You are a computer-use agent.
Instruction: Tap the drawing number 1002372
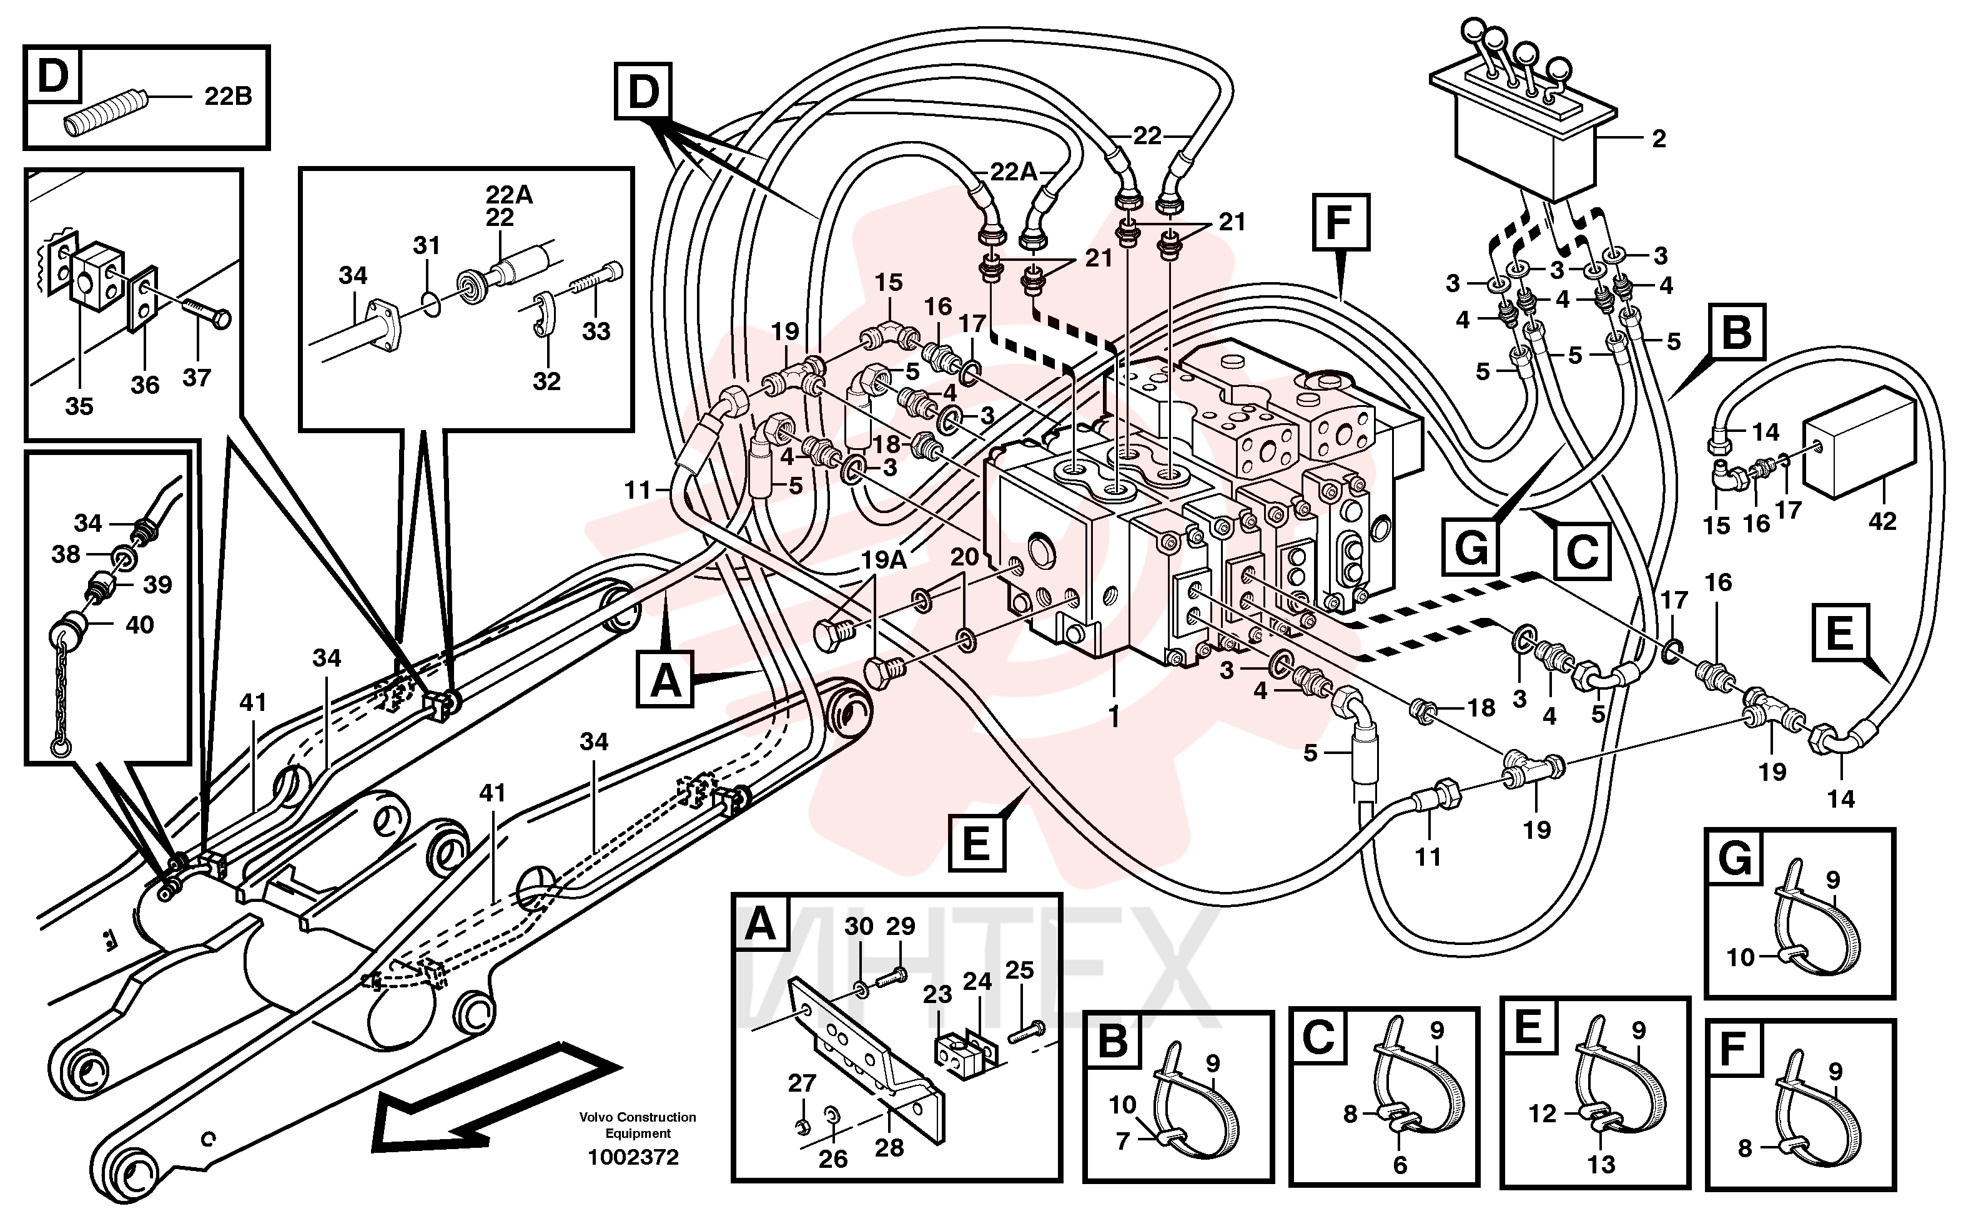click(634, 1157)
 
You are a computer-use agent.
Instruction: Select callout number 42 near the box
click(1882, 521)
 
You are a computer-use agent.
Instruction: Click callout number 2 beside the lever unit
click(1659, 139)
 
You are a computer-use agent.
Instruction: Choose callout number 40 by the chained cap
click(139, 624)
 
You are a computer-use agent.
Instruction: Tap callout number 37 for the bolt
click(197, 378)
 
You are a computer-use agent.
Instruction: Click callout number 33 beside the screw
click(596, 331)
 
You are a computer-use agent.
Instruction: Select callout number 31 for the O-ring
click(427, 246)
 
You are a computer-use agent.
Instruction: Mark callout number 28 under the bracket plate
click(889, 1147)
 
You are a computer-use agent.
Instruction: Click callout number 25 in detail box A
click(1019, 970)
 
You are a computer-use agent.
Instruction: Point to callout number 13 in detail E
click(1601, 1163)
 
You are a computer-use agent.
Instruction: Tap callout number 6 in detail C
click(1400, 1164)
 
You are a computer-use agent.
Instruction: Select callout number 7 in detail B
click(1123, 1140)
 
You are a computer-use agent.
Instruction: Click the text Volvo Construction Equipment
click(638, 1125)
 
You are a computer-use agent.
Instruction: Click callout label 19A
click(884, 560)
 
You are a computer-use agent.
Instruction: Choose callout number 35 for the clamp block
click(79, 406)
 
